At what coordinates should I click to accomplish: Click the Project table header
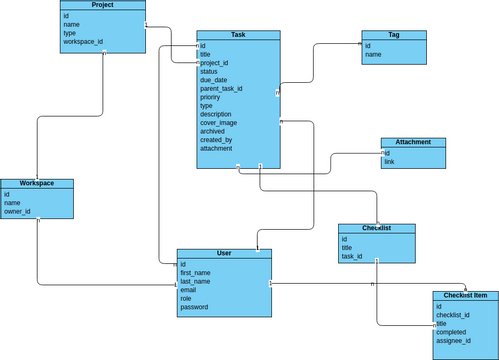pyautogui.click(x=102, y=6)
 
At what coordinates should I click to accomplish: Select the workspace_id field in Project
pyautogui.click(x=83, y=42)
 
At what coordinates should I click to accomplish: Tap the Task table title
pyautogui.click(x=238, y=35)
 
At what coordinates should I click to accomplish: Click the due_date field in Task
pyautogui.click(x=213, y=80)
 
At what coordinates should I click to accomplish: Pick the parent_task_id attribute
pyautogui.click(x=221, y=89)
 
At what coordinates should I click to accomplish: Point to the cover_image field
pyautogui.click(x=218, y=123)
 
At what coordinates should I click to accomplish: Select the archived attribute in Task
pyautogui.click(x=212, y=131)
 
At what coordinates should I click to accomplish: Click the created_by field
pyautogui.click(x=215, y=140)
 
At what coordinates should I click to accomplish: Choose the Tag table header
pyautogui.click(x=393, y=35)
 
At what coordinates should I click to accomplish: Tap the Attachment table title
pyautogui.click(x=412, y=142)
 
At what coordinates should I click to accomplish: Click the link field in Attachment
pyautogui.click(x=389, y=161)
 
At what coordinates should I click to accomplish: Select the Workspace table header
pyautogui.click(x=37, y=184)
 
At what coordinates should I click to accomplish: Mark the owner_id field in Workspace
pyautogui.click(x=17, y=211)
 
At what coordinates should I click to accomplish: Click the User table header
pyautogui.click(x=224, y=254)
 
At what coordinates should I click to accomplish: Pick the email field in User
pyautogui.click(x=188, y=290)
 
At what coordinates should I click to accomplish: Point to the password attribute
pyautogui.click(x=194, y=307)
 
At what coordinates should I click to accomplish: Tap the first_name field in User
pyautogui.click(x=195, y=272)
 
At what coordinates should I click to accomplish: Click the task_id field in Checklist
pyautogui.click(x=352, y=256)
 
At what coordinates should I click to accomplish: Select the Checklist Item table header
pyautogui.click(x=465, y=296)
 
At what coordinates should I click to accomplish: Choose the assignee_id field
pyautogui.click(x=454, y=341)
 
